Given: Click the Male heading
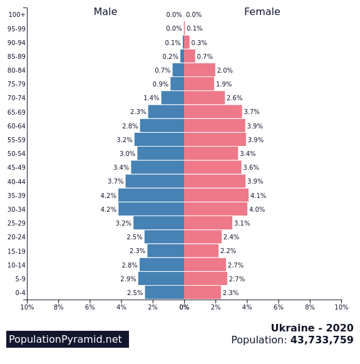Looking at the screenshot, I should click(x=105, y=12).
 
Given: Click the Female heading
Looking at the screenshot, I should click(x=262, y=12).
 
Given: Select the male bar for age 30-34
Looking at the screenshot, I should click(x=151, y=209).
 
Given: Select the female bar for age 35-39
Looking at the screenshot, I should click(x=216, y=195).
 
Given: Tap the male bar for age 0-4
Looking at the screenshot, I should click(x=164, y=293).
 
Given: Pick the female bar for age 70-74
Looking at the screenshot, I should click(x=204, y=98).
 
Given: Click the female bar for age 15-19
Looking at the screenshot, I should click(x=201, y=251).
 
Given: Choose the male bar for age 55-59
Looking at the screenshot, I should click(x=159, y=140).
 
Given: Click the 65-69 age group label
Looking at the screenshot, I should click(x=17, y=112).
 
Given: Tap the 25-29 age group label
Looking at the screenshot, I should click(x=17, y=224).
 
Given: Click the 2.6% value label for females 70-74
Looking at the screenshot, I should click(x=234, y=98).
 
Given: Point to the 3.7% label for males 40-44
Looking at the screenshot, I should click(x=115, y=182).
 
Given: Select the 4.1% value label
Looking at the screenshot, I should click(x=258, y=195).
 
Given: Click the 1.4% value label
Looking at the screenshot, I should click(x=151, y=98).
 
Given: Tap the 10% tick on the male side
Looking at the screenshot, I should click(x=27, y=307).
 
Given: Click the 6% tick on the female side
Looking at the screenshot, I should click(x=279, y=307).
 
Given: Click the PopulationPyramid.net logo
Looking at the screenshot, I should click(x=67, y=340).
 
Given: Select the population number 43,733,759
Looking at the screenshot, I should click(x=322, y=340).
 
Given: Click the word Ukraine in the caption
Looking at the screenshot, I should click(x=294, y=328).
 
